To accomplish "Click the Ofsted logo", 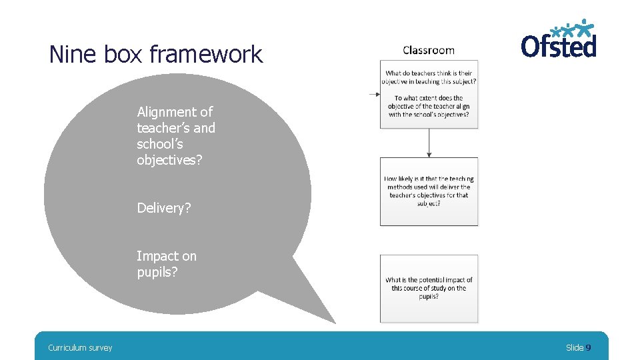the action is (559, 40).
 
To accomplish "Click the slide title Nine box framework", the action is (156, 54).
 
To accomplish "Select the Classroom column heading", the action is (429, 50).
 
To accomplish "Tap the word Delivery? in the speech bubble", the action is (164, 208).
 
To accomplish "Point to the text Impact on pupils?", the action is (167, 264).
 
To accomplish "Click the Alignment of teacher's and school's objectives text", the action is (176, 136).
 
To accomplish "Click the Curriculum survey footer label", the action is (80, 347).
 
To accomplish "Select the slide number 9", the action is (588, 347).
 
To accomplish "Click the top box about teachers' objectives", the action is (429, 94).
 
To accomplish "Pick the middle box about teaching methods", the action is (429, 191).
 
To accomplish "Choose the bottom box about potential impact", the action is (429, 289).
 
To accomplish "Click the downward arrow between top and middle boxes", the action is (429, 143).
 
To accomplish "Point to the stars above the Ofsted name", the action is (577, 28).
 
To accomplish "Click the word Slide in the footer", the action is (575, 347).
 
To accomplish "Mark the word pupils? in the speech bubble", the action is (157, 272).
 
